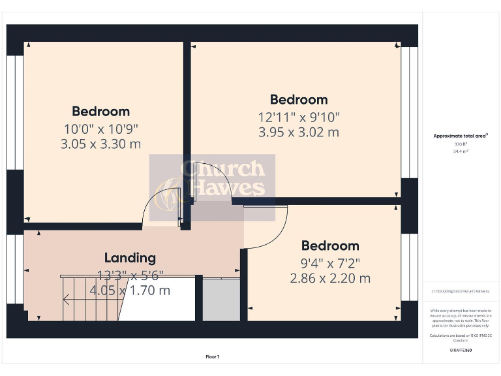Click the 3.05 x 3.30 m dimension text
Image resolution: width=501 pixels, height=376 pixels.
[x=100, y=144]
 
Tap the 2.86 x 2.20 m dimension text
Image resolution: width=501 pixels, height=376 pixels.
[x=330, y=278]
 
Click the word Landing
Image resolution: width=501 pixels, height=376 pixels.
[x=130, y=258]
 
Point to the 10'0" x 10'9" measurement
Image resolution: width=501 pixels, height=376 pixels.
[x=100, y=129]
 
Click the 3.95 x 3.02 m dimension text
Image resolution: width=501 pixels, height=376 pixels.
[x=299, y=132]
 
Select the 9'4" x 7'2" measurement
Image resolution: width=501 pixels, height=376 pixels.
[x=330, y=263]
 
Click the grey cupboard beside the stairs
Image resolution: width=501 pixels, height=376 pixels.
[x=221, y=299]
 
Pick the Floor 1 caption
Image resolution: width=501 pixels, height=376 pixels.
[x=213, y=356]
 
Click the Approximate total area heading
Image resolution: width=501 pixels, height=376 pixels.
[x=461, y=136]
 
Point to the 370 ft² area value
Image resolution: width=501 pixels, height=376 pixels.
[x=461, y=144]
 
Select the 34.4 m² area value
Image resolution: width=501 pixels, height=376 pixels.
[x=461, y=151]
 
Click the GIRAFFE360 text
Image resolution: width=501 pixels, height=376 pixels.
[x=461, y=351]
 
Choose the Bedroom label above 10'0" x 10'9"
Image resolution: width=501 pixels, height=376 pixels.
[x=100, y=112]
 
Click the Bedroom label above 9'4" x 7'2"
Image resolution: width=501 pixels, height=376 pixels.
[x=330, y=246]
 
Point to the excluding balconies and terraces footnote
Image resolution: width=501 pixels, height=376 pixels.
[x=461, y=290]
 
